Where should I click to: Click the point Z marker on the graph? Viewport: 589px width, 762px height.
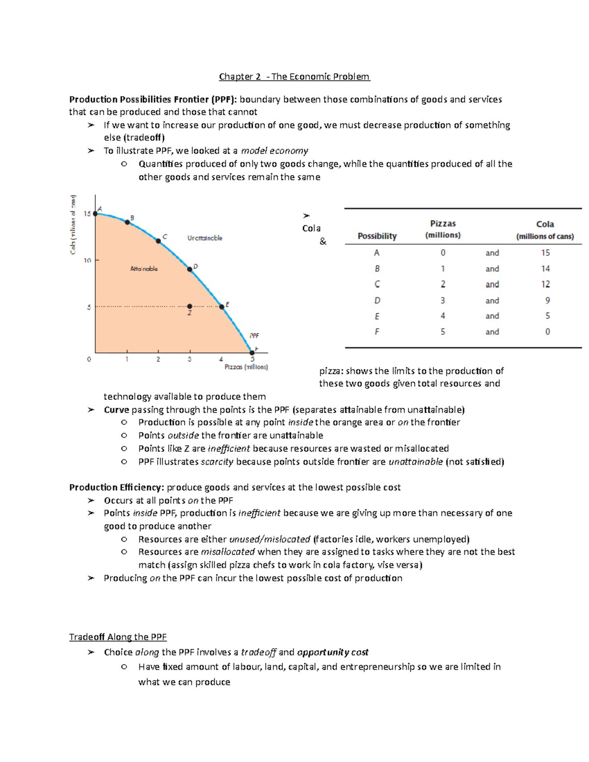190,307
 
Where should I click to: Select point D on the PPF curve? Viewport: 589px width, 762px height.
190,269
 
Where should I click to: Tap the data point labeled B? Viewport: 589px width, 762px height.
127,222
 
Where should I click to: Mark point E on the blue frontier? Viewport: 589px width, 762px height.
222,307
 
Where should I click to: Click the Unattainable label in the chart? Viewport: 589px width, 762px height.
205,238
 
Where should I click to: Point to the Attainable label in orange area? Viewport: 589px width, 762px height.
144,269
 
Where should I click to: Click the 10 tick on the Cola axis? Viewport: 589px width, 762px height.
87,260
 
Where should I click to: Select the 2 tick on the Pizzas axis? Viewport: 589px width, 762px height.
158,359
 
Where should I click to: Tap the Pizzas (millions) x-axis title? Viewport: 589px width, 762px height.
246,367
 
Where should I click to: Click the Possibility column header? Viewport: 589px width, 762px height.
377,236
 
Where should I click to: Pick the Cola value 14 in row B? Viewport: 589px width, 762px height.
545,268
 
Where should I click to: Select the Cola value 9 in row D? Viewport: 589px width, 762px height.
547,300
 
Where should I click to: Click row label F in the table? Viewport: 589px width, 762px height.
377,332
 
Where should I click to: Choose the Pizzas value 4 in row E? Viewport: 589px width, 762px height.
443,316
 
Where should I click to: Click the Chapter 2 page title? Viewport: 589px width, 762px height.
294,77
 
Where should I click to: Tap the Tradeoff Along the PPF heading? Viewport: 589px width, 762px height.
118,637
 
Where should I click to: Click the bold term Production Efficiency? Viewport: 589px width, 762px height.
117,487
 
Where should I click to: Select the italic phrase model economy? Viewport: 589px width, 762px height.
274,151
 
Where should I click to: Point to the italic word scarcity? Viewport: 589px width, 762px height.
217,462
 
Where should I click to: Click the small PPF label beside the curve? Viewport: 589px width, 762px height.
254,336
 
